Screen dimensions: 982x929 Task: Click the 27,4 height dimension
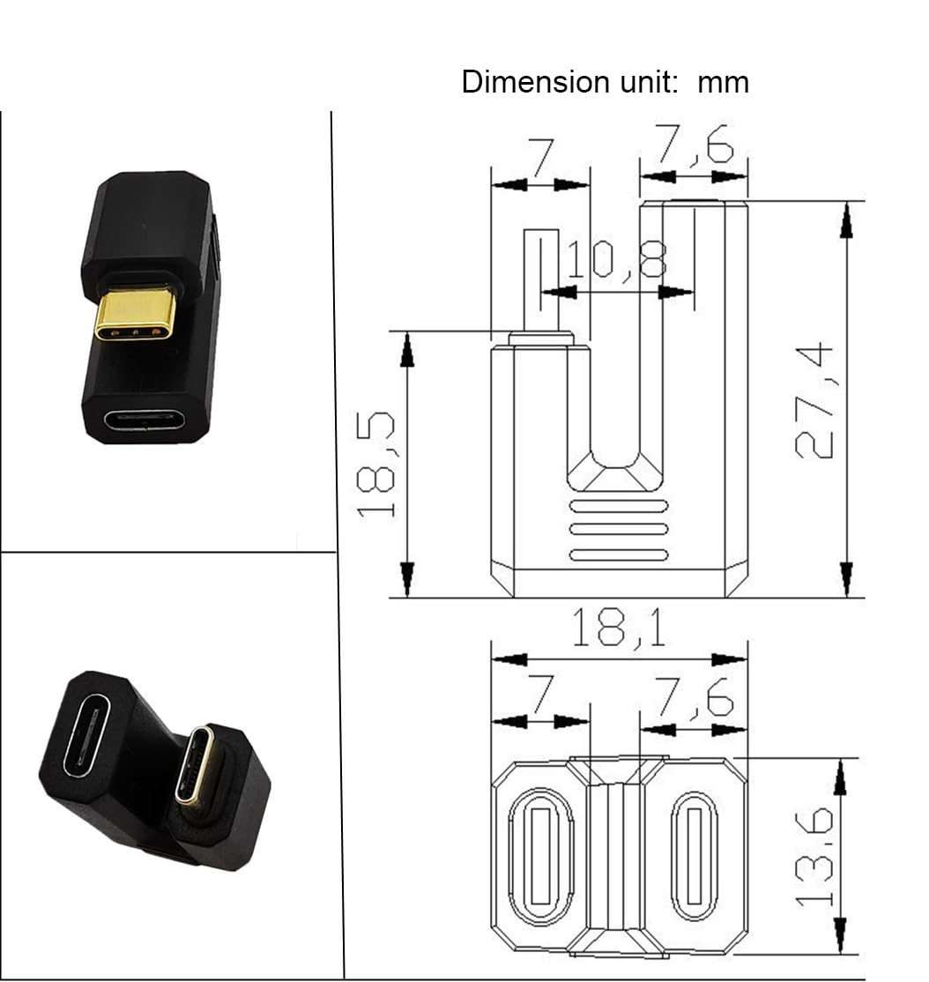pyautogui.click(x=813, y=401)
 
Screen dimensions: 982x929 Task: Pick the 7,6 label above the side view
pyautogui.click(x=695, y=146)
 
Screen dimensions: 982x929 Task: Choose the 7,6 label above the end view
pyautogui.click(x=695, y=700)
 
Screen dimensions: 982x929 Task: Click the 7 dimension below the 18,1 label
pyautogui.click(x=539, y=700)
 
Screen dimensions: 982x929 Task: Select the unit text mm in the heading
pyautogui.click(x=723, y=82)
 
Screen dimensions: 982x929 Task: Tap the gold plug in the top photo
pyautogui.click(x=135, y=314)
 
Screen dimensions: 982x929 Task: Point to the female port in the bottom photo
pyautogui.click(x=85, y=734)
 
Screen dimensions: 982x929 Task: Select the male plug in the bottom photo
pyautogui.click(x=194, y=763)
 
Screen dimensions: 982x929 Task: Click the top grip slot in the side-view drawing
pyautogui.click(x=618, y=506)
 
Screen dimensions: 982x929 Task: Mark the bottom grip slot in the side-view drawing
pyautogui.click(x=618, y=554)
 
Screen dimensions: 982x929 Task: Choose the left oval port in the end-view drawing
pyautogui.click(x=539, y=856)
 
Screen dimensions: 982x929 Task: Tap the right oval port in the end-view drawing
pyautogui.click(x=694, y=856)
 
